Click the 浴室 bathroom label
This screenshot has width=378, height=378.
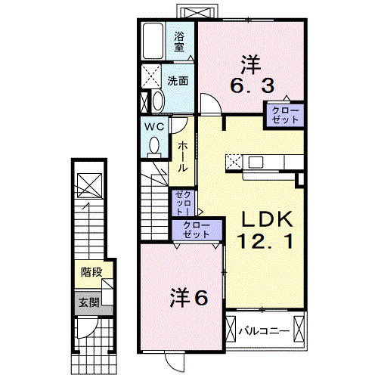tap(180, 41)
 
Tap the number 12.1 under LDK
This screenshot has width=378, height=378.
tap(264, 243)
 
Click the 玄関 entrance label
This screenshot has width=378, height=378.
tap(88, 302)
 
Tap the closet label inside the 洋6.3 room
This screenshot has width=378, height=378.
tap(283, 115)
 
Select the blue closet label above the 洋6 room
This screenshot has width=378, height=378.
tap(196, 231)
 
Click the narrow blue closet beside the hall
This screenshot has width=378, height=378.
tap(184, 203)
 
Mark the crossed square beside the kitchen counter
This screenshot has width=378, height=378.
tap(233, 161)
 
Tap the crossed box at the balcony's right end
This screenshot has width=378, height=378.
tap(301, 330)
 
